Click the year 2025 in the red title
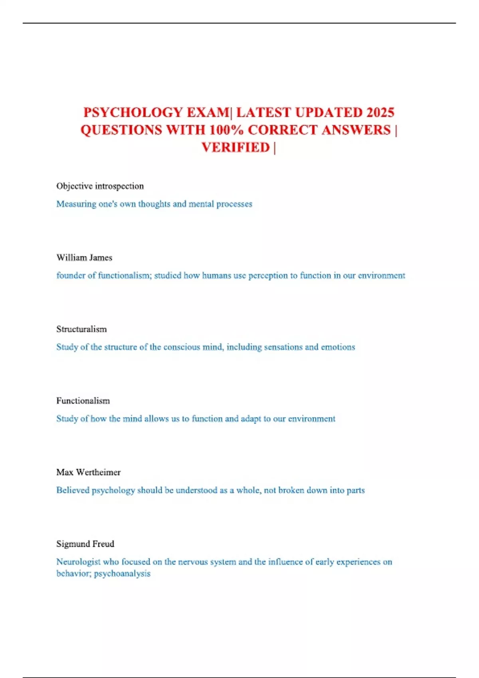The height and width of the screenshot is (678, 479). [x=380, y=112]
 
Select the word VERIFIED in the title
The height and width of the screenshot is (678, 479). [x=236, y=148]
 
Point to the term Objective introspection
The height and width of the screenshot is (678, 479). [x=100, y=186]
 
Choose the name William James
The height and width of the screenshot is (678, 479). [x=84, y=258]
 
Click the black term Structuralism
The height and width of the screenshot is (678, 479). [x=81, y=329]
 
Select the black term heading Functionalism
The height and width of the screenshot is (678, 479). [x=83, y=401]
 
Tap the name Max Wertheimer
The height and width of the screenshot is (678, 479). [x=88, y=472]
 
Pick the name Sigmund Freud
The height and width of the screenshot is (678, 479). [x=85, y=544]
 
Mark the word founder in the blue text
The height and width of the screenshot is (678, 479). [x=70, y=276]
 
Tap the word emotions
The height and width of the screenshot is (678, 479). [x=338, y=347]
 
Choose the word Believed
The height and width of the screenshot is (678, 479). [x=73, y=490]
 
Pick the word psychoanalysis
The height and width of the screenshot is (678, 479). [x=122, y=574]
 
